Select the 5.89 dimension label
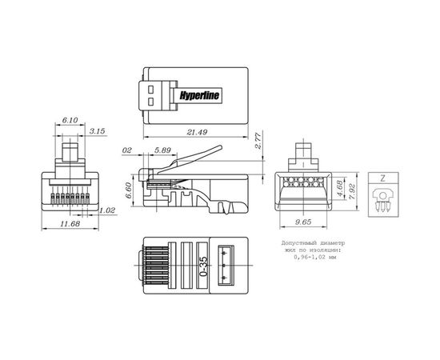(162, 150)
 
